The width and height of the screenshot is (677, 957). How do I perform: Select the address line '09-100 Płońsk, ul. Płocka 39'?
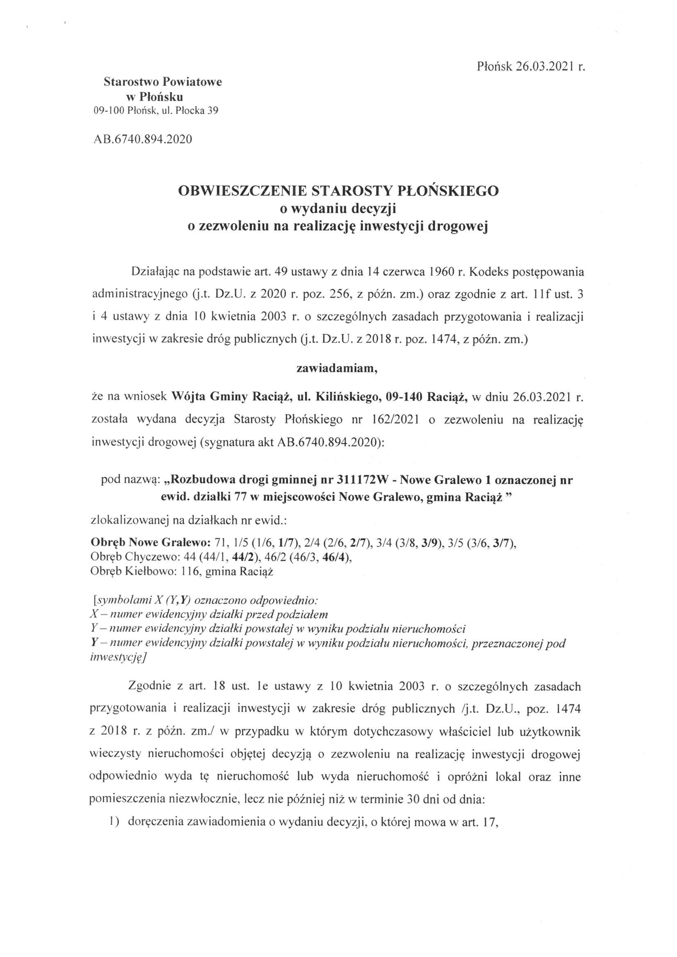click(x=156, y=111)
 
